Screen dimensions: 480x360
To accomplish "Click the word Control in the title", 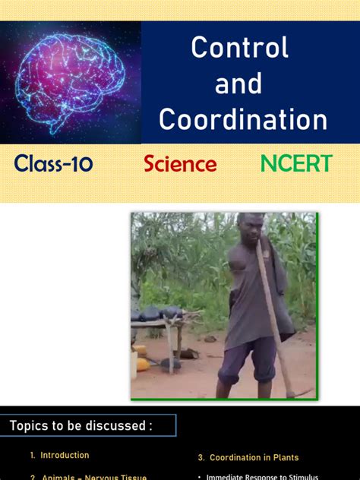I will (x=239, y=48).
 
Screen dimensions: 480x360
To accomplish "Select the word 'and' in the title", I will (x=238, y=84).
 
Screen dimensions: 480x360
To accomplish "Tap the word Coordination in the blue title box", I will (x=243, y=120).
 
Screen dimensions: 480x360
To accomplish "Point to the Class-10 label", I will (x=53, y=163).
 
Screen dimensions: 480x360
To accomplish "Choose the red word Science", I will (x=180, y=164).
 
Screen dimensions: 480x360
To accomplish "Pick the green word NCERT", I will (x=296, y=163).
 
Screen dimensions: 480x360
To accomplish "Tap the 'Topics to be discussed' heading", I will (x=81, y=426).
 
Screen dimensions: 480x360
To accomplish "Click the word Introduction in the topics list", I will (x=65, y=456).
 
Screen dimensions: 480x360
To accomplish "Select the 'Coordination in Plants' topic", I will (x=254, y=458).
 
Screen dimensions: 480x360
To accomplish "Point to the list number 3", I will (x=201, y=458).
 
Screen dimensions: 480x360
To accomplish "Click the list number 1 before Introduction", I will (x=33, y=456).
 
